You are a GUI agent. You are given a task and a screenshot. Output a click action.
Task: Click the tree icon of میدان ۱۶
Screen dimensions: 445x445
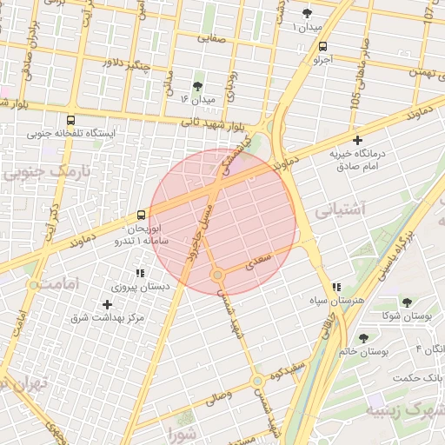[197, 86]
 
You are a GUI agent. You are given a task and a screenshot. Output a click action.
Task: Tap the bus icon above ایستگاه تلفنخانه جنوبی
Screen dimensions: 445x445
[70, 120]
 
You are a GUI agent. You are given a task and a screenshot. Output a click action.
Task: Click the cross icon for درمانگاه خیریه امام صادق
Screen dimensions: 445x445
[357, 140]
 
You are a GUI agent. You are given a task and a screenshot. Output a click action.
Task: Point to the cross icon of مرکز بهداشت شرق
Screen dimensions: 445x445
[107, 304]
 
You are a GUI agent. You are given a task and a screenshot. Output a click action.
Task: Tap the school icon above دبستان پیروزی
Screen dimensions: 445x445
[139, 273]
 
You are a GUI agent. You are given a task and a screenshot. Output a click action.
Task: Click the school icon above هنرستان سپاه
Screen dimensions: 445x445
[336, 287]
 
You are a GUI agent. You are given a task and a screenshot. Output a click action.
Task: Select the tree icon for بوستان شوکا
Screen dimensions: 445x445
[405, 302]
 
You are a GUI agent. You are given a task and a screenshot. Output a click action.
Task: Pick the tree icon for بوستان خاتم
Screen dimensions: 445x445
[363, 338]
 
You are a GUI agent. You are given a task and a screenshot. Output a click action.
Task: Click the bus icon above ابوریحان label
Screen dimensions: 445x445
[142, 215]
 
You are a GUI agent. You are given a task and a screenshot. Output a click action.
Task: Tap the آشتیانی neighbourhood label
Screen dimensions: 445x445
[341, 209]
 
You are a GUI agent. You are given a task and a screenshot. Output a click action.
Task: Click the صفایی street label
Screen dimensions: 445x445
[211, 38]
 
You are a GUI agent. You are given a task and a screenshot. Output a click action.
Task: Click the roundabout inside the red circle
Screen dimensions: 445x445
[217, 276]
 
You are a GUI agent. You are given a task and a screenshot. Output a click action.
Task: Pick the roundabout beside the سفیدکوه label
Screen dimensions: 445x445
[257, 381]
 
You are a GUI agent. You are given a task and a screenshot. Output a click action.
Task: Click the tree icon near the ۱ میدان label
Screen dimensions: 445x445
[308, 13]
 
